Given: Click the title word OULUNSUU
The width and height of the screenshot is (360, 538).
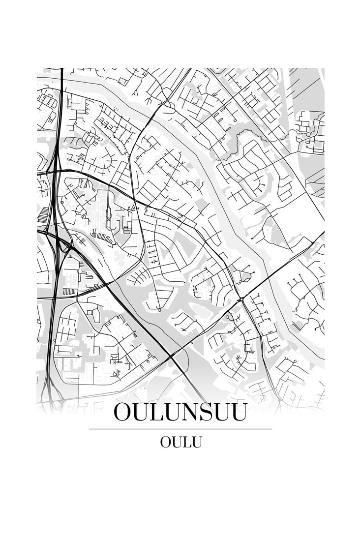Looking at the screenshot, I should click(180, 412).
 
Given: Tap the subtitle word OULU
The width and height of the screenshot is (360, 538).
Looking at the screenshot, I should click(180, 442).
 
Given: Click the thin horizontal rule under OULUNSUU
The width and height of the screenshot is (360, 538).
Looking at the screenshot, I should click(180, 429).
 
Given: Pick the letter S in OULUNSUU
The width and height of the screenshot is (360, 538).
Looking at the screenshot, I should click(202, 412).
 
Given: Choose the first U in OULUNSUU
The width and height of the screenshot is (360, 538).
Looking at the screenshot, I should click(142, 412).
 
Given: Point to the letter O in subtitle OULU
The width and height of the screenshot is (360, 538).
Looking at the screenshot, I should click(165, 442).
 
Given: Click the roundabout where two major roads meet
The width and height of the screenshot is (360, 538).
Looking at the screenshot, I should click(241, 299).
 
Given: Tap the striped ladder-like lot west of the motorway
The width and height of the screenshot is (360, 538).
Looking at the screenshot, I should click(44, 214).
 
